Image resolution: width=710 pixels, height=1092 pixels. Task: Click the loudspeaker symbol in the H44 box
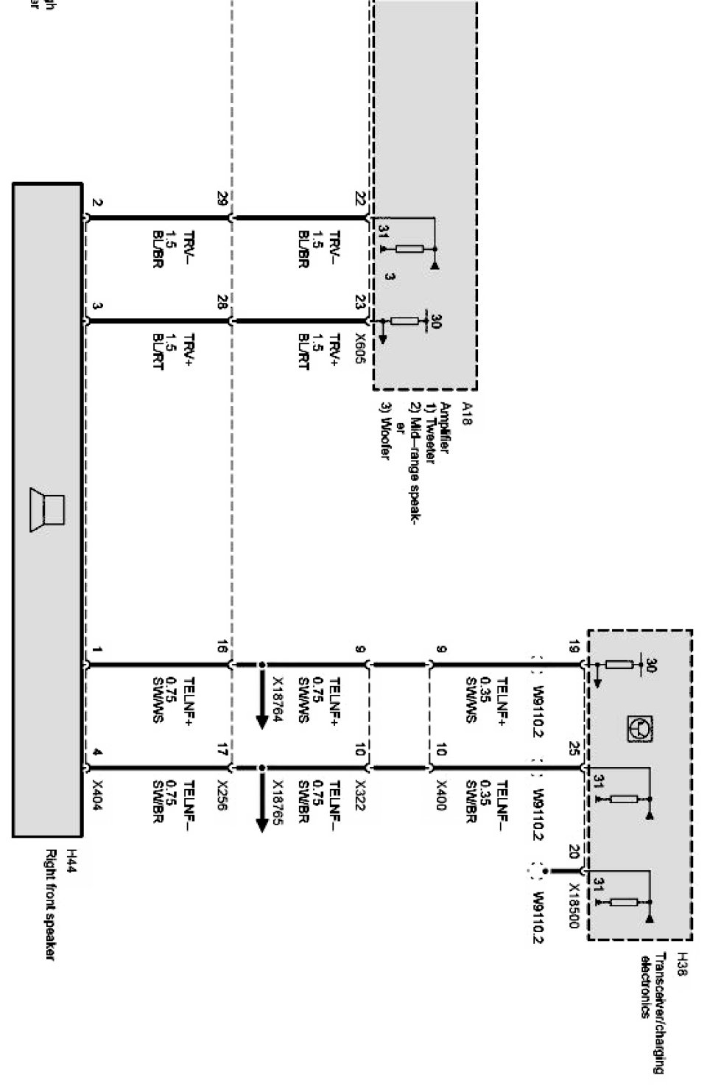pyautogui.click(x=47, y=509)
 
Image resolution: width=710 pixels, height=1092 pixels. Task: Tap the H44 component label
pyautogui.click(x=71, y=856)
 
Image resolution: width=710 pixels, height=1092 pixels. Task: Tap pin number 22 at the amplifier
pyautogui.click(x=360, y=199)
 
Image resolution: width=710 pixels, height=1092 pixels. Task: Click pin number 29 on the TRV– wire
pyautogui.click(x=222, y=199)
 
